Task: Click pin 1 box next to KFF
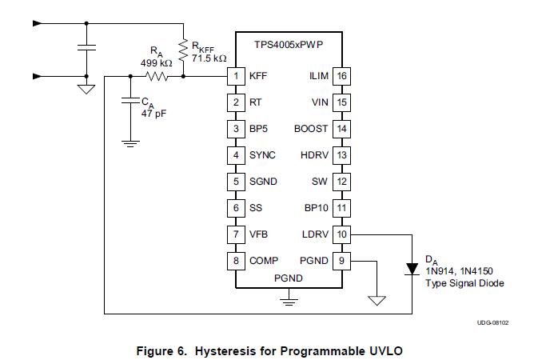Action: click(236, 77)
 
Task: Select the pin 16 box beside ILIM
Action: click(341, 77)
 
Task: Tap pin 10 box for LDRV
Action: click(341, 234)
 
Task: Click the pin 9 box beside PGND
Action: click(341, 261)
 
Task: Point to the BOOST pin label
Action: click(311, 129)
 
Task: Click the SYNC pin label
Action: click(262, 155)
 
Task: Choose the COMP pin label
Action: click(264, 261)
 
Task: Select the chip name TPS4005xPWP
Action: click(289, 46)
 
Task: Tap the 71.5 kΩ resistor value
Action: click(209, 58)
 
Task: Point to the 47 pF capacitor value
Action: click(153, 114)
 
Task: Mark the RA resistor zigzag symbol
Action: click(157, 77)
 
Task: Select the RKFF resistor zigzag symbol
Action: click(183, 50)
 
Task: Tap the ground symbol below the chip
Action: click(289, 302)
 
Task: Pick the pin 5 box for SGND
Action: click(236, 182)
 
